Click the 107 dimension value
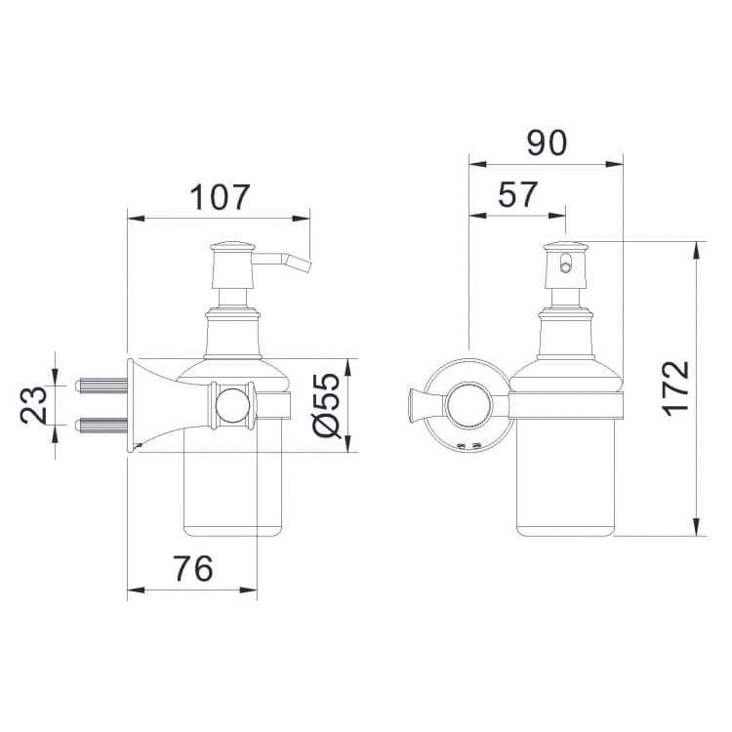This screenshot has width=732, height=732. click(221, 197)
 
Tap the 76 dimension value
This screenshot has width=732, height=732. click(193, 568)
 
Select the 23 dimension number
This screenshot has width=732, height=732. click(33, 404)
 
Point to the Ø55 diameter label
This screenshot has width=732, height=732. click(327, 405)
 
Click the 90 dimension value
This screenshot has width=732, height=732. click(548, 142)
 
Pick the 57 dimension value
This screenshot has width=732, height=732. click(517, 194)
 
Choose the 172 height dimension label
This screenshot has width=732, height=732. click(675, 388)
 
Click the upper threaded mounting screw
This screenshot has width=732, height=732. click(102, 386)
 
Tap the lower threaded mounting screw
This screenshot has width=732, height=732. click(102, 425)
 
